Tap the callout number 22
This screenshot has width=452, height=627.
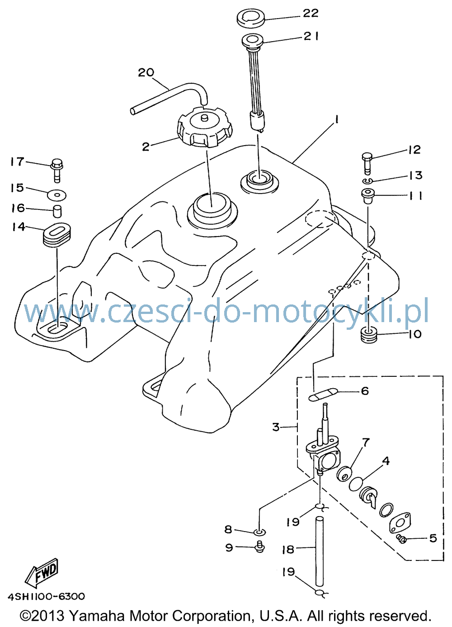tap(311, 13)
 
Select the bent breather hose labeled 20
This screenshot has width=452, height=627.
tap(169, 98)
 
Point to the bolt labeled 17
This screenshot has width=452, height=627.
tap(57, 171)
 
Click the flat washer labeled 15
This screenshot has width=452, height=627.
tap(57, 195)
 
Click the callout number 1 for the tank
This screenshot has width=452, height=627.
tap(336, 120)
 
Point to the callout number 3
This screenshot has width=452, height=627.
tap(276, 427)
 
